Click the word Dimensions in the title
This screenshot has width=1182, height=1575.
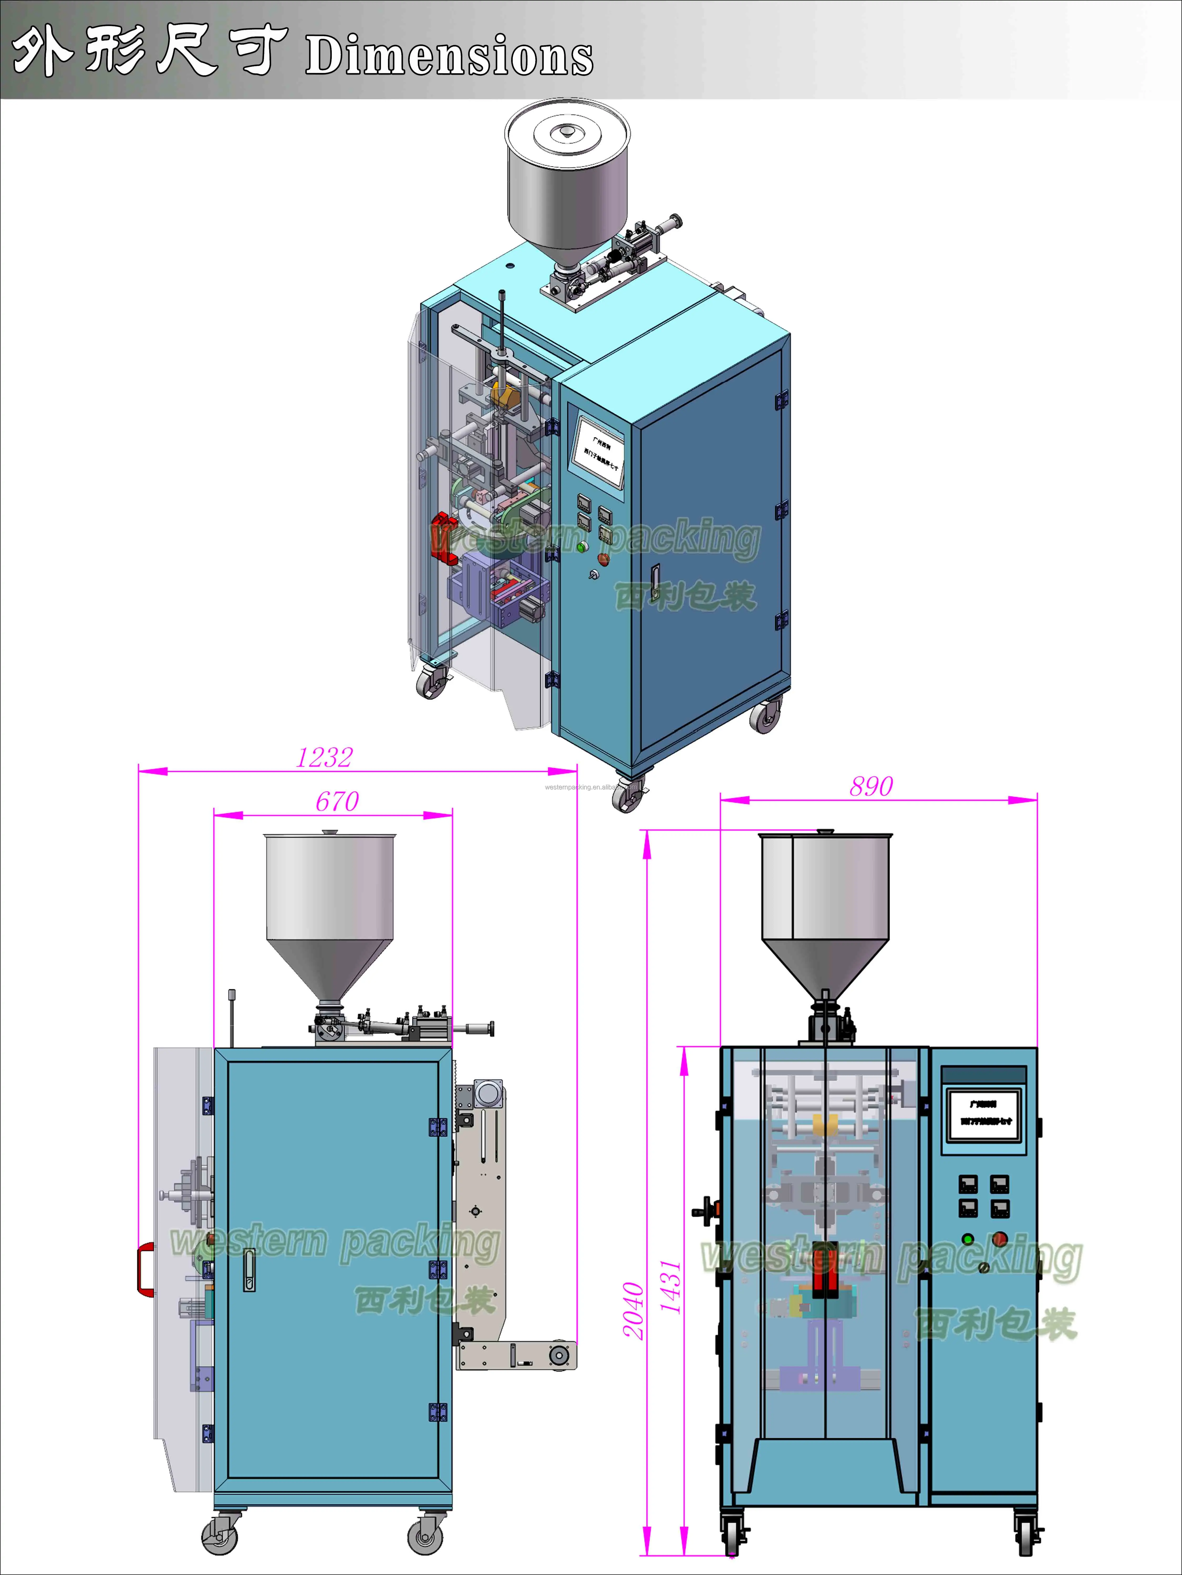click(x=449, y=57)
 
